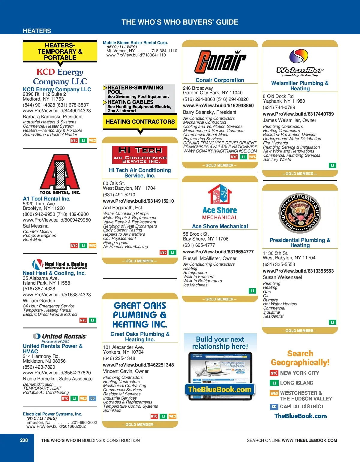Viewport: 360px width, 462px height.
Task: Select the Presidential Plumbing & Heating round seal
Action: pos(300,213)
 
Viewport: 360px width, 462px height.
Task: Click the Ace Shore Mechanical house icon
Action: pos(220,194)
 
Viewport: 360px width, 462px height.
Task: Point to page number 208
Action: pos(24,440)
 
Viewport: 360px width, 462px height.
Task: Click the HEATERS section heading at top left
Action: pos(37,31)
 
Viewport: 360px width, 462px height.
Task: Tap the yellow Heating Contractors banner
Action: pos(140,122)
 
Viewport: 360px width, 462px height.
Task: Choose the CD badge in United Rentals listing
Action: pos(92,398)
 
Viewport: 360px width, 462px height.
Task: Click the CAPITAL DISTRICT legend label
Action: pos(302,407)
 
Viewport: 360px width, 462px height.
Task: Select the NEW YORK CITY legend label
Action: pos(299,373)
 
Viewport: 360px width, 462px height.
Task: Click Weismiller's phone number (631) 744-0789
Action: pos(279,107)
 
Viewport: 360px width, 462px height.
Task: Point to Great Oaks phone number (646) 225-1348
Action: pos(119,358)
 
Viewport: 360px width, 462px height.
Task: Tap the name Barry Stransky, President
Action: pos(210,112)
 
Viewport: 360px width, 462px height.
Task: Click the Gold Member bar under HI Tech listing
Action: pos(140,261)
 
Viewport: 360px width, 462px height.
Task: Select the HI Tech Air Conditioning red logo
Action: pos(140,155)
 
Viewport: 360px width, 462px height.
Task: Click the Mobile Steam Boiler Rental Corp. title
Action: pos(135,43)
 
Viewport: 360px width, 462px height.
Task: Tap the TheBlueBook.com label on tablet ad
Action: pos(220,390)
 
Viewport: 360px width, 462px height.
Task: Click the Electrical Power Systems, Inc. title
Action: pos(52,414)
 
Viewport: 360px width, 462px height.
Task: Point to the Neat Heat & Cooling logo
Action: pos(60,264)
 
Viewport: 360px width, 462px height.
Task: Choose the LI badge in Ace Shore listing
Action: pos(252,291)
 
